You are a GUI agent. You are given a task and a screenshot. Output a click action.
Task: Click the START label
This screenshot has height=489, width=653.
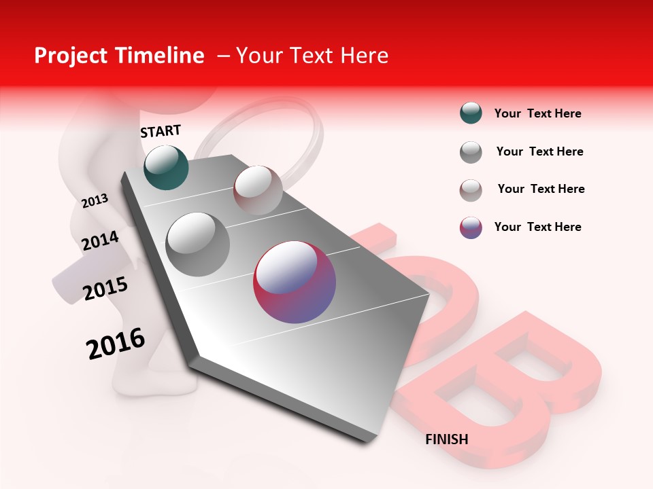161,131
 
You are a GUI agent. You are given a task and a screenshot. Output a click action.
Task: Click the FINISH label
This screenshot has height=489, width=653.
446,439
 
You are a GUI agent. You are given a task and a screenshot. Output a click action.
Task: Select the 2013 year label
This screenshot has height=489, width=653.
95,200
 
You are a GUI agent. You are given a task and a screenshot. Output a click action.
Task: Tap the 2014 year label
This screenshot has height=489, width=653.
100,240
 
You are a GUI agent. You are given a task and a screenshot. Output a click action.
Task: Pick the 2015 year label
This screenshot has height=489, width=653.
105,289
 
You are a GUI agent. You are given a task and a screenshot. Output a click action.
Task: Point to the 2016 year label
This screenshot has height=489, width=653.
116,344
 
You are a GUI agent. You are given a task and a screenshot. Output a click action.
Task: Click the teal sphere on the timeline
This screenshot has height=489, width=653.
167,167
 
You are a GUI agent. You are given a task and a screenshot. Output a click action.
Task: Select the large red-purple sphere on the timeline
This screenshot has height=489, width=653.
295,282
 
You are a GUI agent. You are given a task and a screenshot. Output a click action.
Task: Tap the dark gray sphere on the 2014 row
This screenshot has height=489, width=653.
198,244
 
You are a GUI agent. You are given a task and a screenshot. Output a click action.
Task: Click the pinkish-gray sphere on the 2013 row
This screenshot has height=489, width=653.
258,190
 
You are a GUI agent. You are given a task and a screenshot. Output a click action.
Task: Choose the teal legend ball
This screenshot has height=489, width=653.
471,113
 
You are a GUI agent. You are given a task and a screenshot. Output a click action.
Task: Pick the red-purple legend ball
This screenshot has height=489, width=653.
471,228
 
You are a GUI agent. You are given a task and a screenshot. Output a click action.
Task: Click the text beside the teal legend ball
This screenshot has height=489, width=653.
537,113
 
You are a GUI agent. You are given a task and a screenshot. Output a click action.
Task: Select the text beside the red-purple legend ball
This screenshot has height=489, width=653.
537,227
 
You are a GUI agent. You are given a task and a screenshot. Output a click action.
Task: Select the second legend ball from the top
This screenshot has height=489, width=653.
471,152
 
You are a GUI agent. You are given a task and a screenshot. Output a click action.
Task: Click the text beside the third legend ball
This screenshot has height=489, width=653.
541,189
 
